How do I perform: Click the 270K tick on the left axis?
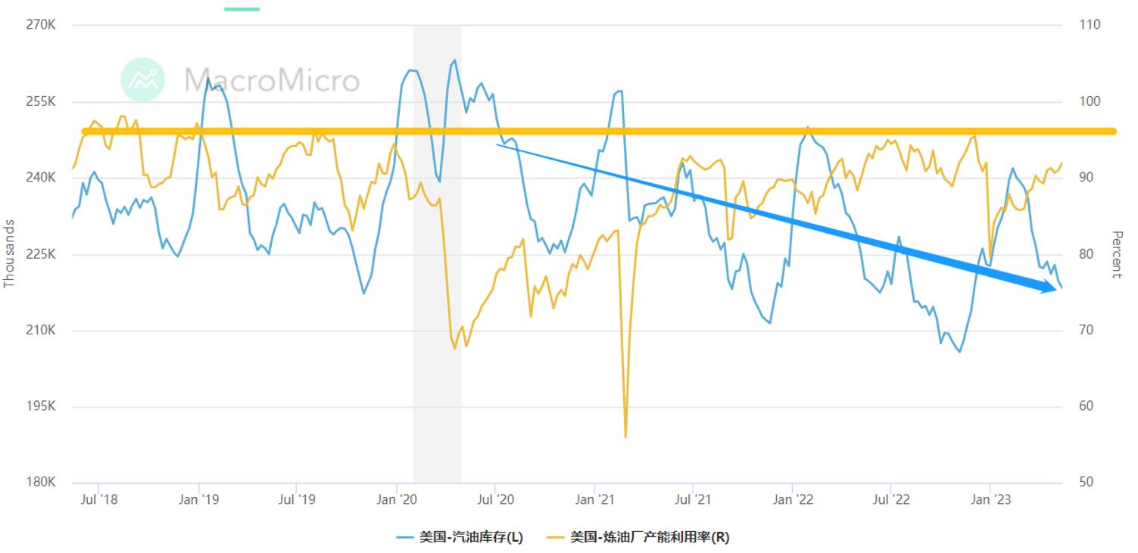42,25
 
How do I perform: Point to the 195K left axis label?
42,406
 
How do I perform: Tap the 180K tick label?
42,483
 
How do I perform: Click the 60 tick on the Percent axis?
1087,406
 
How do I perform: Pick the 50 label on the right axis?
1087,483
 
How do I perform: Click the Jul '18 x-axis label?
99,499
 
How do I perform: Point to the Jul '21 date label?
694,499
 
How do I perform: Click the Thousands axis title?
10,253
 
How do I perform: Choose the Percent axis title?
1116,254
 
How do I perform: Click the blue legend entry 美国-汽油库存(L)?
460,537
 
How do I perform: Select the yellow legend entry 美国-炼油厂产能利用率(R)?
639,537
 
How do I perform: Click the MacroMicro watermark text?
272,79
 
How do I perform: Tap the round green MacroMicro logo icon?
142,79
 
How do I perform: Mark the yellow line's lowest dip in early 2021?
625,436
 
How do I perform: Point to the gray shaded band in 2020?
437,303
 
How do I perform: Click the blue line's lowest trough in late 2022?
959,351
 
